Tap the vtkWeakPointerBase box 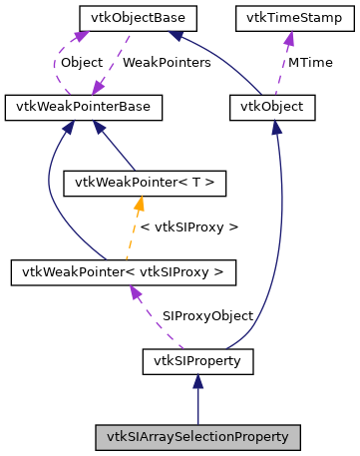(71, 105)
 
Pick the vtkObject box (272, 105)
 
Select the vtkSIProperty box (197, 359)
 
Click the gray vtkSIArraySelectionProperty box (197, 436)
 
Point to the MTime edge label (311, 62)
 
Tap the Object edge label (81, 62)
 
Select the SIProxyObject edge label (207, 315)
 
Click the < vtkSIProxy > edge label (190, 227)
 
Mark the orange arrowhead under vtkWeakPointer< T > (141, 203)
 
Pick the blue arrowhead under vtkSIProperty (197, 380)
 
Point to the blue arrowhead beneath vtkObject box (276, 125)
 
